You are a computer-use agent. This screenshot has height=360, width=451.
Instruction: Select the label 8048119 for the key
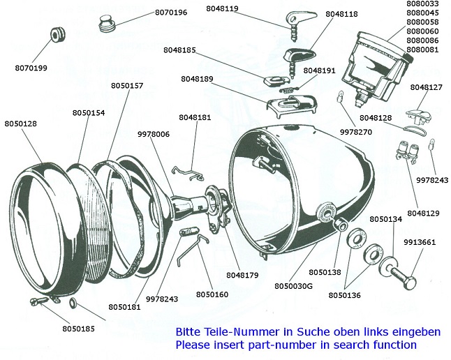point(223,9)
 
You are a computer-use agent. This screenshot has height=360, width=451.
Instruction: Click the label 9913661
point(419,242)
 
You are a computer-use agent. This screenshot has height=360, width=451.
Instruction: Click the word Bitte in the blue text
point(187,332)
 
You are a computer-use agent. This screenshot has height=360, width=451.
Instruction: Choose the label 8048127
point(427,87)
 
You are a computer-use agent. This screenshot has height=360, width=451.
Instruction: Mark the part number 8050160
point(212,294)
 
